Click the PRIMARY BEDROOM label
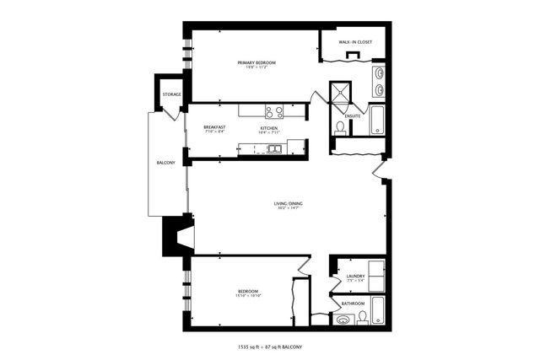[x=256, y=62]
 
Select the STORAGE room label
[x=171, y=94]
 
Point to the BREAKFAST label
[x=214, y=127]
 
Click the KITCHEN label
[x=268, y=127]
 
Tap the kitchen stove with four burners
[x=273, y=110]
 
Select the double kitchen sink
[x=274, y=149]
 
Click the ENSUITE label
[x=353, y=116]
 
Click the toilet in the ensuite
[x=340, y=128]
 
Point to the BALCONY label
[x=165, y=163]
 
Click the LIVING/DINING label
[x=288, y=204]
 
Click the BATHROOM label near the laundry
[x=353, y=304]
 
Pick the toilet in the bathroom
[x=362, y=317]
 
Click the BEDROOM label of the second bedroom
[x=247, y=292]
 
